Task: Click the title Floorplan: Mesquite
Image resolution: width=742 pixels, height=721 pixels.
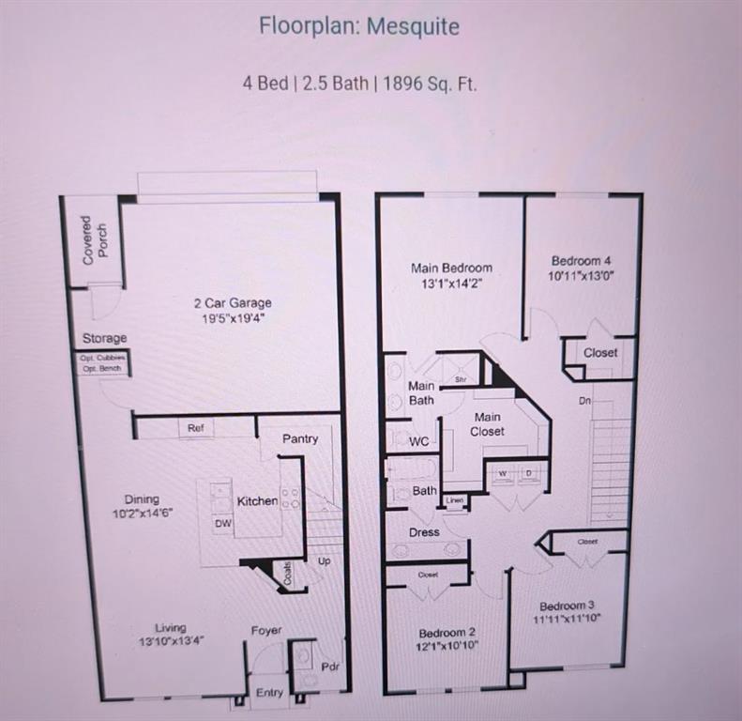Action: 359,25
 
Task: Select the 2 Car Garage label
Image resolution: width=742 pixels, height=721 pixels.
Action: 232,302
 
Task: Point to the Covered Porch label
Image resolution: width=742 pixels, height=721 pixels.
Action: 94,239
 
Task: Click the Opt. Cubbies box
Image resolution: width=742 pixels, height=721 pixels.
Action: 102,357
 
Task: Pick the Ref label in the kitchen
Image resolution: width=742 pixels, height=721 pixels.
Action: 195,428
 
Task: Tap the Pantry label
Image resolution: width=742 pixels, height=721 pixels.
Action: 300,438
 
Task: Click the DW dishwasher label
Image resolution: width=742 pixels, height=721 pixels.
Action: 223,524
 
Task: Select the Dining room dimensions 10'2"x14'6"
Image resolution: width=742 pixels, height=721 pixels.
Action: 142,514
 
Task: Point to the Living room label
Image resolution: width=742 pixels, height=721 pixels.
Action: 171,627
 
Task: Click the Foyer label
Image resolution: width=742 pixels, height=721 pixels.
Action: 266,631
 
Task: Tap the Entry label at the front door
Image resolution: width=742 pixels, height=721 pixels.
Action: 269,693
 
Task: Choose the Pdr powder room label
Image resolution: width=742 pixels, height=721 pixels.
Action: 329,667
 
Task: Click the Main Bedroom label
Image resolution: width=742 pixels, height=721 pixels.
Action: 451,268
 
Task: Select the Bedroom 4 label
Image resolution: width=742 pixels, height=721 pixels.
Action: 582,260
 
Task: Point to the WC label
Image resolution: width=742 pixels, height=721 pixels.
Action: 418,440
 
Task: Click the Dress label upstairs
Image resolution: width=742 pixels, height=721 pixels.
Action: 424,532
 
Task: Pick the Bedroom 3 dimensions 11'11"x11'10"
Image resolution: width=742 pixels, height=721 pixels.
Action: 567,619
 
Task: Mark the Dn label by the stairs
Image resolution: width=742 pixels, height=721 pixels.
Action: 583,399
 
